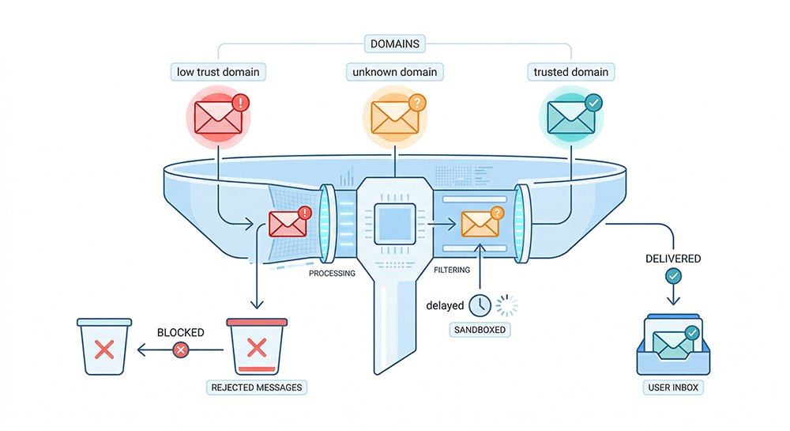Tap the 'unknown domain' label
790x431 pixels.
tap(394, 72)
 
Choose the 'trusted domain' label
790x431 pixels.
tap(571, 72)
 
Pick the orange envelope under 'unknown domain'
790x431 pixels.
tap(393, 118)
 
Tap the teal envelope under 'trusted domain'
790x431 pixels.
tap(569, 118)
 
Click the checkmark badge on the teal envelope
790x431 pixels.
tap(592, 102)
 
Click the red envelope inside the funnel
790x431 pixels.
tap(287, 224)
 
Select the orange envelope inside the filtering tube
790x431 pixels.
tap(480, 225)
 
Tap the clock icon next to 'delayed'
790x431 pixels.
tap(479, 305)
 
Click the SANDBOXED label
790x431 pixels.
tap(480, 328)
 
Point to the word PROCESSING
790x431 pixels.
tap(332, 274)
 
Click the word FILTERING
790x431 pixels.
tap(452, 270)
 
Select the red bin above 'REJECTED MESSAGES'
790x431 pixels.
tap(255, 346)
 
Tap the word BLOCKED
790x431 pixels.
tap(181, 332)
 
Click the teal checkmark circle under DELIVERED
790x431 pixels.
tap(672, 275)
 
